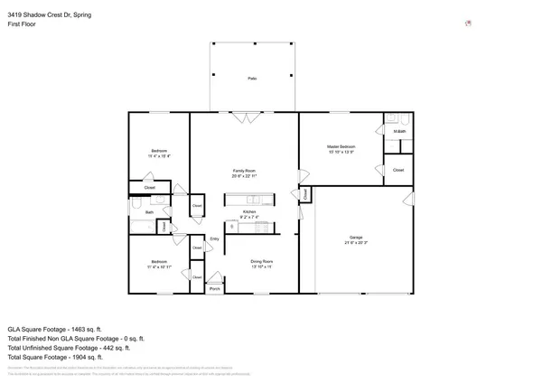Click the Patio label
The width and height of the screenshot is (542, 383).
click(252, 79)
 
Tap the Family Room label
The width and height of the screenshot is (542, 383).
click(245, 171)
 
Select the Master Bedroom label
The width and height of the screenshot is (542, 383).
click(341, 145)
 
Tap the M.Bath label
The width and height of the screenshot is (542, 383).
click(399, 133)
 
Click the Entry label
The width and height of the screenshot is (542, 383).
click(215, 238)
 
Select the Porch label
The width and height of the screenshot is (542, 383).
click(215, 288)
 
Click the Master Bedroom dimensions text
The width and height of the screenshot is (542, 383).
click(341, 151)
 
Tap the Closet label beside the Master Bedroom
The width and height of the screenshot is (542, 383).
click(398, 169)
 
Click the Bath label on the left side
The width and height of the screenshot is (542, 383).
click(150, 212)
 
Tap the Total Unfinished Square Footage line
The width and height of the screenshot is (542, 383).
click(69, 346)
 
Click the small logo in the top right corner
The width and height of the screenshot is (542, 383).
click(467, 23)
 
